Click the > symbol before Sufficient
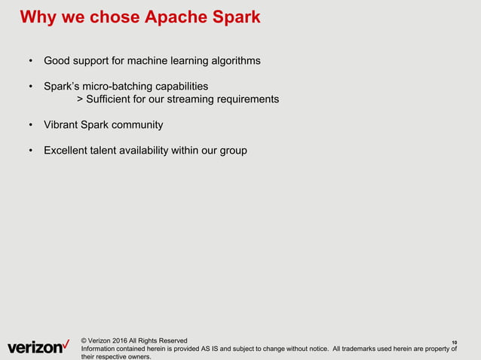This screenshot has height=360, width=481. pyautogui.click(x=81, y=99)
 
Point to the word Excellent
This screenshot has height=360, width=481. pyautogui.click(x=67, y=151)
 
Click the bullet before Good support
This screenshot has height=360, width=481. pyautogui.click(x=30, y=61)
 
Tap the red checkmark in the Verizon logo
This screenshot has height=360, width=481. pyautogui.click(x=67, y=343)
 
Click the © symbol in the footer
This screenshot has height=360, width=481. pyautogui.click(x=84, y=340)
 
